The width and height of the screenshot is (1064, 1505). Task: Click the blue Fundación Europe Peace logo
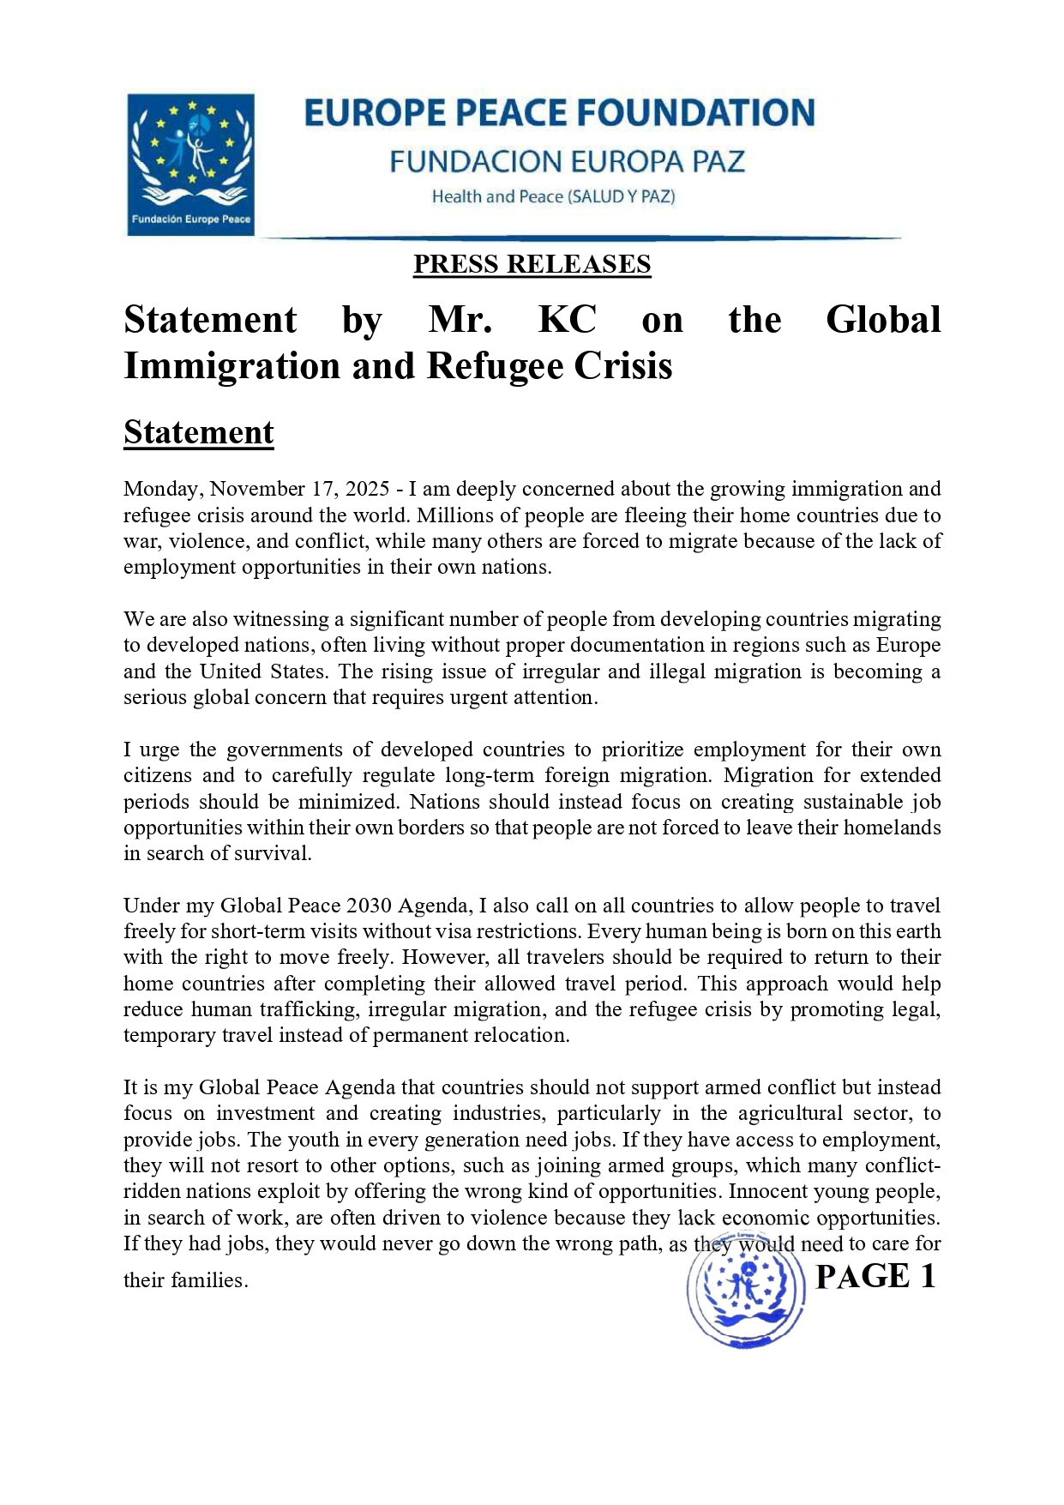[190, 164]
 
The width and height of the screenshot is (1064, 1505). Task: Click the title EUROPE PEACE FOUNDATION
[559, 113]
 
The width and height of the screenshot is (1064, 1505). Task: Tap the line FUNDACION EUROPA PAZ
[567, 161]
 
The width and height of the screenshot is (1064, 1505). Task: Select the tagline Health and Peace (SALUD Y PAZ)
[553, 196]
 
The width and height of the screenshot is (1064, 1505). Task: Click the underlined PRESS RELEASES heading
[532, 264]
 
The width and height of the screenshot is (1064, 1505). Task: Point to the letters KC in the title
[567, 320]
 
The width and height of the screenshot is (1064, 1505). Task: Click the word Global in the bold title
[882, 320]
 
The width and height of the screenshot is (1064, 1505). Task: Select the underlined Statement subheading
[198, 432]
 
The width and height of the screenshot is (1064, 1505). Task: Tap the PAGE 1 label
[875, 1277]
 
